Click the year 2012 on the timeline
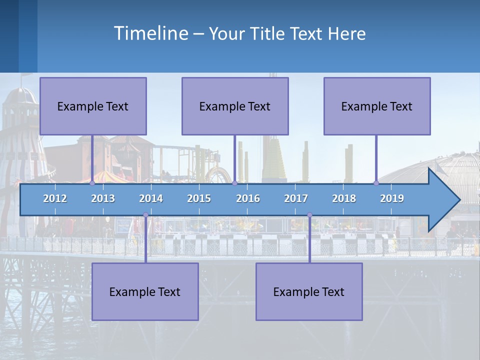pyautogui.click(x=55, y=198)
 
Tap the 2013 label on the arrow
pyautogui.click(x=103, y=198)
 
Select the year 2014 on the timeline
pyautogui.click(x=151, y=198)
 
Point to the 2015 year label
pyautogui.click(x=199, y=198)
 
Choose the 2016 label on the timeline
pyautogui.click(x=248, y=198)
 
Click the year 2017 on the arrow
pyautogui.click(x=296, y=198)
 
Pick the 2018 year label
pyautogui.click(x=344, y=198)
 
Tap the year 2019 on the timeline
pyautogui.click(x=392, y=198)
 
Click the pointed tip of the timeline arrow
pyautogui.click(x=458, y=200)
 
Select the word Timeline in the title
pyautogui.click(x=150, y=33)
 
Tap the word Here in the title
pyautogui.click(x=346, y=34)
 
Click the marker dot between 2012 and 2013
pyautogui.click(x=92, y=183)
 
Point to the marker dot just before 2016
pyautogui.click(x=234, y=183)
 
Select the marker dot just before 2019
pyautogui.click(x=376, y=183)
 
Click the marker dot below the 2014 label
pyautogui.click(x=145, y=215)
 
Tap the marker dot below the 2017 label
pyautogui.click(x=309, y=215)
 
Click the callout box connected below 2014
pyautogui.click(x=145, y=291)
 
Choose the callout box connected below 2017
pyautogui.click(x=309, y=291)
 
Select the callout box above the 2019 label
pyautogui.click(x=377, y=106)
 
